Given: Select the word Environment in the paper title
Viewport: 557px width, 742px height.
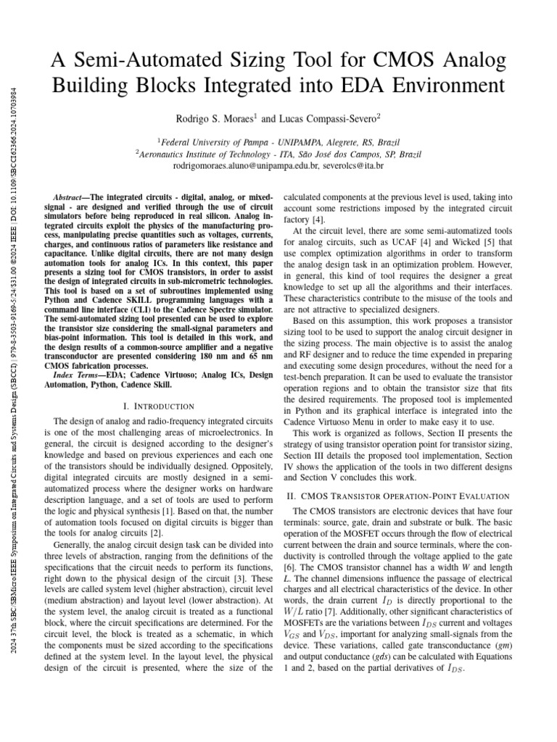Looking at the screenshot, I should tap(435, 86).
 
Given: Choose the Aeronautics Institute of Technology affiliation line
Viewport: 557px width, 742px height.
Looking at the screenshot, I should tap(278, 154).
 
